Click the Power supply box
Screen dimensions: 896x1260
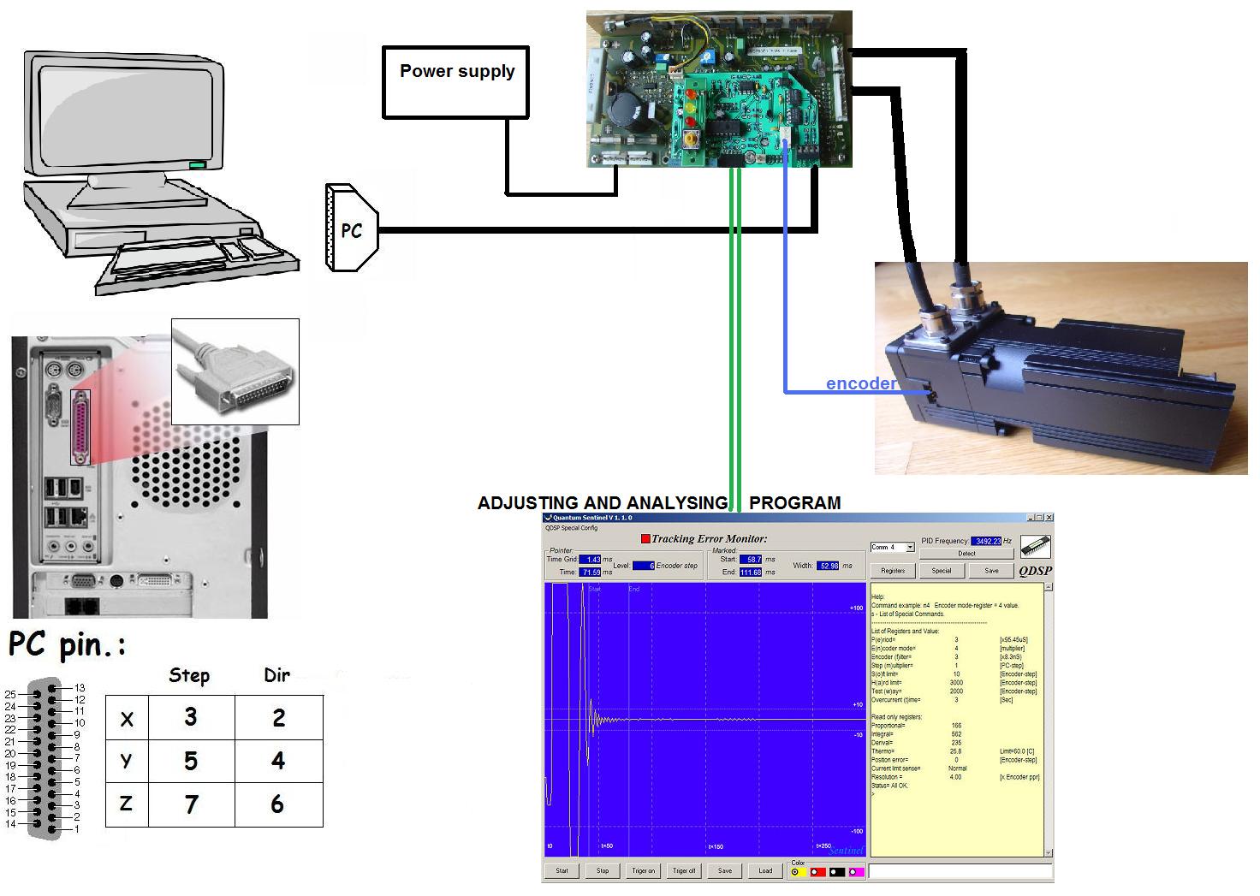(455, 81)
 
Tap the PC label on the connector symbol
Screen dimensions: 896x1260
(351, 230)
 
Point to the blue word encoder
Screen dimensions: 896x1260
(860, 383)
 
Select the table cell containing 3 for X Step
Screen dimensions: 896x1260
(191, 717)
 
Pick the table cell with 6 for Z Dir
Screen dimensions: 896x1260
(277, 804)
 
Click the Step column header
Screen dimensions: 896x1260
(189, 675)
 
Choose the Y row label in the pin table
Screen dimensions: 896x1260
(127, 761)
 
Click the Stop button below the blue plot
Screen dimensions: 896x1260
(603, 871)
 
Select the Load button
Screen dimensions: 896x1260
(765, 871)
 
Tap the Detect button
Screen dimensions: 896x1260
(966, 554)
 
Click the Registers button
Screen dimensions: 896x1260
(893, 571)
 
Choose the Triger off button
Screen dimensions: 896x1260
(684, 871)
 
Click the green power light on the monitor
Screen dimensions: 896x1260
(198, 164)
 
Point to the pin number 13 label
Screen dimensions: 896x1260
(80, 688)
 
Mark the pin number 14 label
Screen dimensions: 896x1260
(10, 824)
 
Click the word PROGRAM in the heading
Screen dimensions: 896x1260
(794, 503)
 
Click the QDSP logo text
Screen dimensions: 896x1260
(1035, 571)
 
